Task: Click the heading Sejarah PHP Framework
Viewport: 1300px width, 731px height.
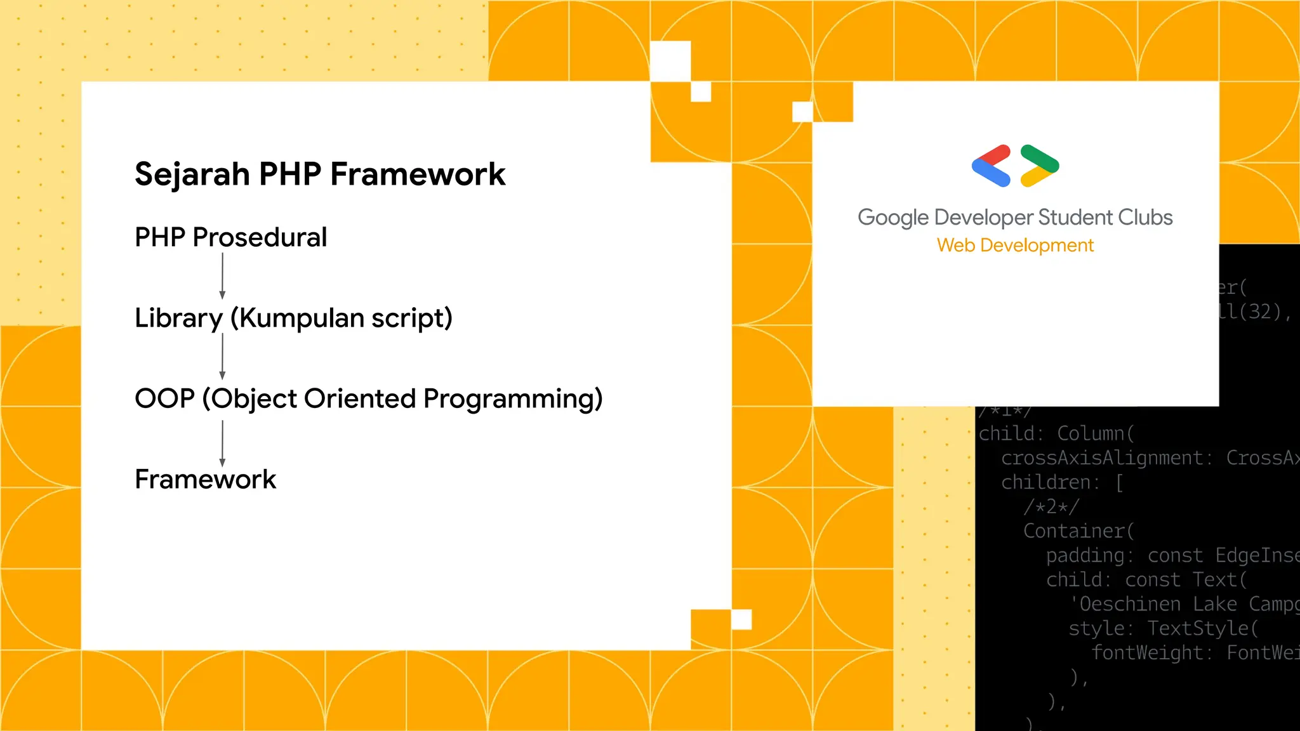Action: [x=320, y=174]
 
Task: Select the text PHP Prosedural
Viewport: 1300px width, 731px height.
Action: [x=230, y=237]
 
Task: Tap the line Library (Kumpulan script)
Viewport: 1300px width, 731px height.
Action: [x=293, y=318]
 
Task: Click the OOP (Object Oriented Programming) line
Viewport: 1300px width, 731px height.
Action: [x=368, y=398]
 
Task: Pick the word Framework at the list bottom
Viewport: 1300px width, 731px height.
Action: [x=205, y=479]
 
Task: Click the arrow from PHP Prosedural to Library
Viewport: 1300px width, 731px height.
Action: [x=222, y=275]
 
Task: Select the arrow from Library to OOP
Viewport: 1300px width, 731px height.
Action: [x=222, y=356]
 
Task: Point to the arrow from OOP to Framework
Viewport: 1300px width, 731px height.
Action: [x=222, y=443]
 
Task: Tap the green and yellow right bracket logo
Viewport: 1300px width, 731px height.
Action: [x=1039, y=166]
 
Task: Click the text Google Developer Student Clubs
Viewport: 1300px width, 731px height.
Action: [x=1014, y=218]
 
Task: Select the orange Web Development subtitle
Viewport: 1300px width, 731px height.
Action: [x=1014, y=246]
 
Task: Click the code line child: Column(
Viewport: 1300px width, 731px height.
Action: [x=1056, y=434]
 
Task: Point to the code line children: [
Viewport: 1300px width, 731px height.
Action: [x=1062, y=483]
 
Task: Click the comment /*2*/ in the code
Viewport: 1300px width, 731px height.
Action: [x=1051, y=507]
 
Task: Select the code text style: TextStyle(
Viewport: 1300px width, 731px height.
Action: [x=1163, y=629]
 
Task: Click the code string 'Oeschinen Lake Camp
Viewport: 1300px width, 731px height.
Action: [x=1184, y=604]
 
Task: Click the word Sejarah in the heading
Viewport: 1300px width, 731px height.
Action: [x=192, y=174]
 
